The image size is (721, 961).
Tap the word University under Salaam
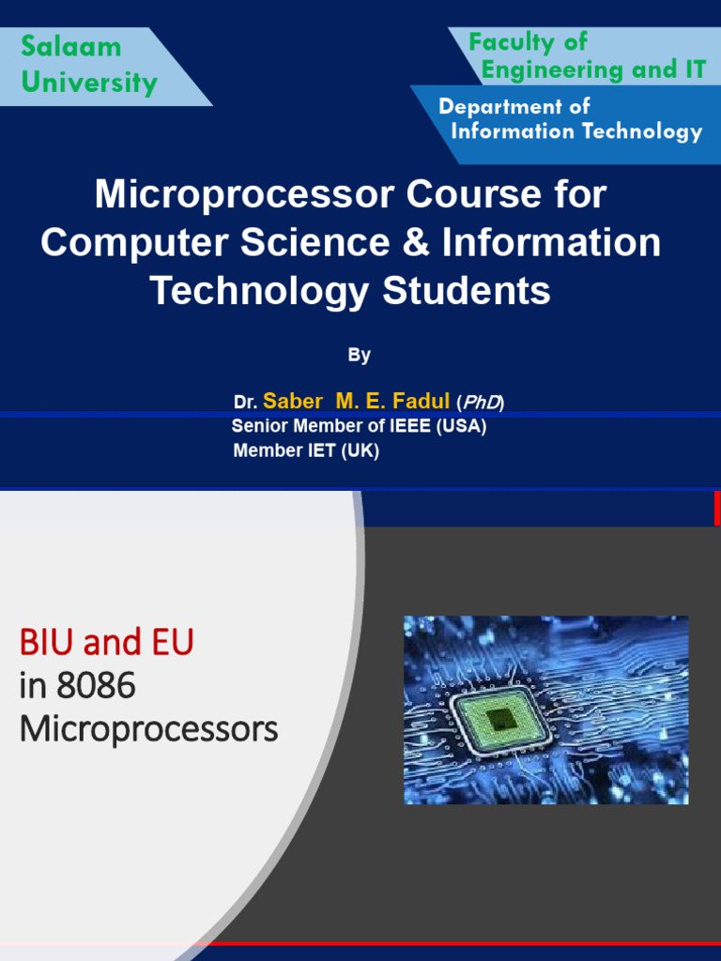click(89, 83)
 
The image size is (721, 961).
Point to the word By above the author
click(360, 355)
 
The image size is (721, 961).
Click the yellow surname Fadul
click(422, 402)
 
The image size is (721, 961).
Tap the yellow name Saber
click(292, 402)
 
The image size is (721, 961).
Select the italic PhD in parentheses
click(480, 403)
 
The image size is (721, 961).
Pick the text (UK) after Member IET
click(360, 450)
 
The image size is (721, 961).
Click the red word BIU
click(47, 644)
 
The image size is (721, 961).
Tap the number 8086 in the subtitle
click(96, 687)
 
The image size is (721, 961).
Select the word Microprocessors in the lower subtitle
click(148, 729)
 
